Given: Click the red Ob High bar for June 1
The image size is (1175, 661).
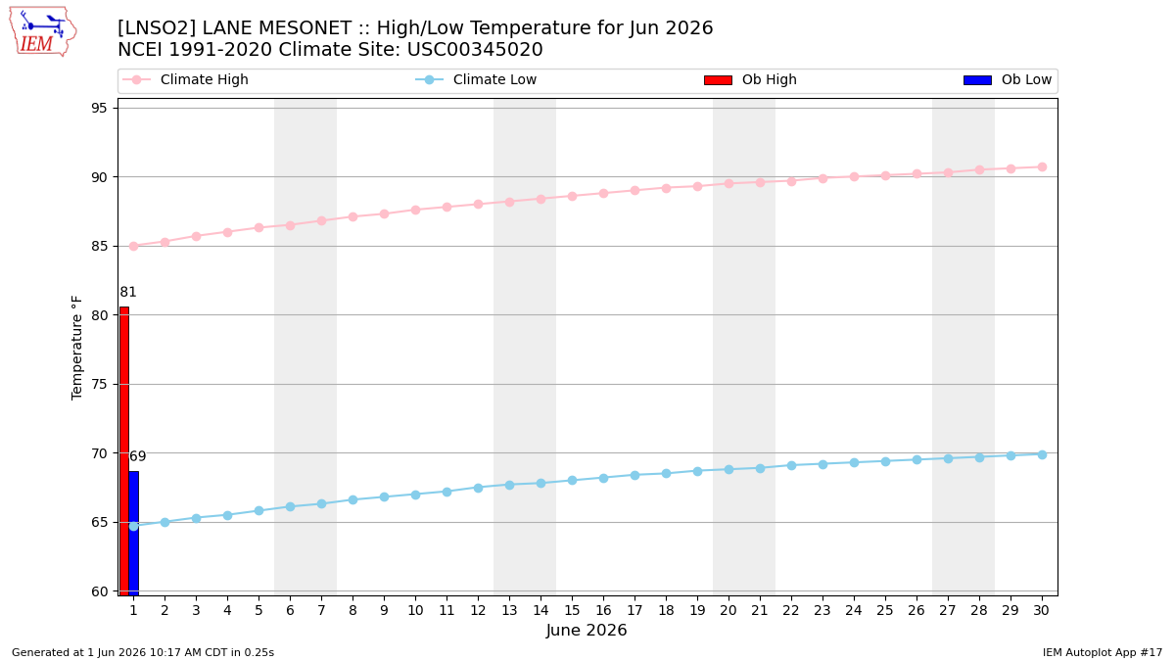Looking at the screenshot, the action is [124, 450].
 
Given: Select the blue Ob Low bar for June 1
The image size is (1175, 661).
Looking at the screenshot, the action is [134, 533].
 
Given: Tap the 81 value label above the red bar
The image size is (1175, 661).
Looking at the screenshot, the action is [128, 292].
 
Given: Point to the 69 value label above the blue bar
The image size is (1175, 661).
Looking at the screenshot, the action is [137, 456].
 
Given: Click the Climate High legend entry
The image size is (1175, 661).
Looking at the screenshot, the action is [185, 79].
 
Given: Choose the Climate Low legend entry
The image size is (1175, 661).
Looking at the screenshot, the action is [476, 79].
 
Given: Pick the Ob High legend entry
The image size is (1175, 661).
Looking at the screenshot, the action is [750, 79].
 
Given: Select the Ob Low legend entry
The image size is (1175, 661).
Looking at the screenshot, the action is [1008, 79].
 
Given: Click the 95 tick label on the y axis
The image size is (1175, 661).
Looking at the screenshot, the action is [99, 108].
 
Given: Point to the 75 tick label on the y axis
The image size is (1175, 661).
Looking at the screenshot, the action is [99, 385].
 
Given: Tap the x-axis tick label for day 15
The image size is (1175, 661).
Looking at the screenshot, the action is [572, 610].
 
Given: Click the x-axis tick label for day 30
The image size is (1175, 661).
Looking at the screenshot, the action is [1042, 610].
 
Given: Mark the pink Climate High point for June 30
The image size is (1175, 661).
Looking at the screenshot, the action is [1042, 166].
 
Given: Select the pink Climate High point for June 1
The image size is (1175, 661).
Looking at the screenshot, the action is [134, 246].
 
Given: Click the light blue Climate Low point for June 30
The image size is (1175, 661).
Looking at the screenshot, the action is [1042, 454].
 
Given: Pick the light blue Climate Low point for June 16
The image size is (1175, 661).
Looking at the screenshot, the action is [604, 478].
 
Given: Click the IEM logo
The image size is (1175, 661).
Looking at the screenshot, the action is [43, 32].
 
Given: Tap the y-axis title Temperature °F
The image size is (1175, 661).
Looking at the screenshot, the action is [76, 348].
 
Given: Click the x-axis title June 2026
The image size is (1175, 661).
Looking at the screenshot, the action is [587, 630].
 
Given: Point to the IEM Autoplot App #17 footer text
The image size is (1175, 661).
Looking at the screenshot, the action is [1103, 652].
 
